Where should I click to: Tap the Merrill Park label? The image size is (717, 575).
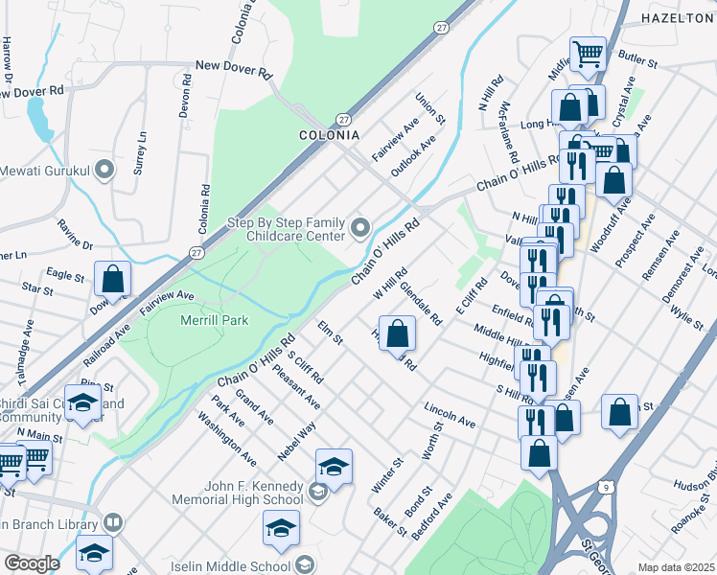[215, 320]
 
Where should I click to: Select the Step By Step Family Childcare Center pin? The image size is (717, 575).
[360, 227]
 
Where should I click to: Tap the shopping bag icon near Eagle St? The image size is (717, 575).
[113, 280]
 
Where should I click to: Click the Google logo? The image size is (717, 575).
[32, 563]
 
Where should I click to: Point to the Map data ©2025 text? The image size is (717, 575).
[676, 567]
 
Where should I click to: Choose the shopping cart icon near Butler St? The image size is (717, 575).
[587, 54]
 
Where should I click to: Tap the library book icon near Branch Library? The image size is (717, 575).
[113, 523]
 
